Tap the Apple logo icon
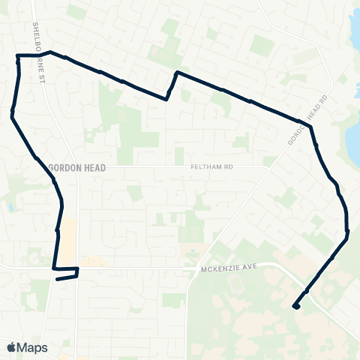point(11,347)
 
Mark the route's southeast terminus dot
point(295,306)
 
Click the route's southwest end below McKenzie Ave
point(57,279)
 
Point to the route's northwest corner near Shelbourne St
point(17,55)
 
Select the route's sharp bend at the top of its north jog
point(176,73)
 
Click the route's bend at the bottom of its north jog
point(166,98)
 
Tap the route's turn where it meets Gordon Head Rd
point(310,126)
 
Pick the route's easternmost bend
point(349,232)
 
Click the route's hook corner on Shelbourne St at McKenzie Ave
point(76,268)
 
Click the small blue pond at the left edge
point(8,206)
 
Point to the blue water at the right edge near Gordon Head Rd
point(352,139)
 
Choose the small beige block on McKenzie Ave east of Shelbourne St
point(93,262)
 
